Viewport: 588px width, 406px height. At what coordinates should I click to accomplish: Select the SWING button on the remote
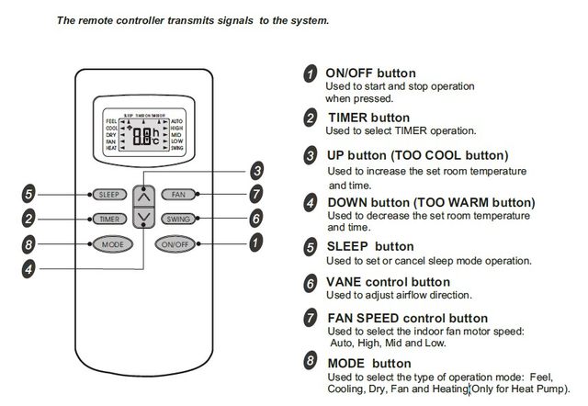(x=176, y=219)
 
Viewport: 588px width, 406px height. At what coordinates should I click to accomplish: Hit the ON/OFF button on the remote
(x=175, y=244)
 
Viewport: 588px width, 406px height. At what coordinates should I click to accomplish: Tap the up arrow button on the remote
(x=141, y=196)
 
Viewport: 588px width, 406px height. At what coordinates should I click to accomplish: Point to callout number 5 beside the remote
(x=29, y=194)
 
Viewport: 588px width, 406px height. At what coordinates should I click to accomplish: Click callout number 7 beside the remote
(x=256, y=194)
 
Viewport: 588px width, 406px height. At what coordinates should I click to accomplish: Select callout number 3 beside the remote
(x=257, y=171)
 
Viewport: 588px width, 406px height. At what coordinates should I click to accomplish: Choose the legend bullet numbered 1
(x=312, y=73)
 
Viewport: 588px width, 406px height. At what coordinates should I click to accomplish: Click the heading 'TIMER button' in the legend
(x=369, y=118)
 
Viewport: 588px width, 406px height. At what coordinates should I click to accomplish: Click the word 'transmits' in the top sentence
(x=193, y=18)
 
